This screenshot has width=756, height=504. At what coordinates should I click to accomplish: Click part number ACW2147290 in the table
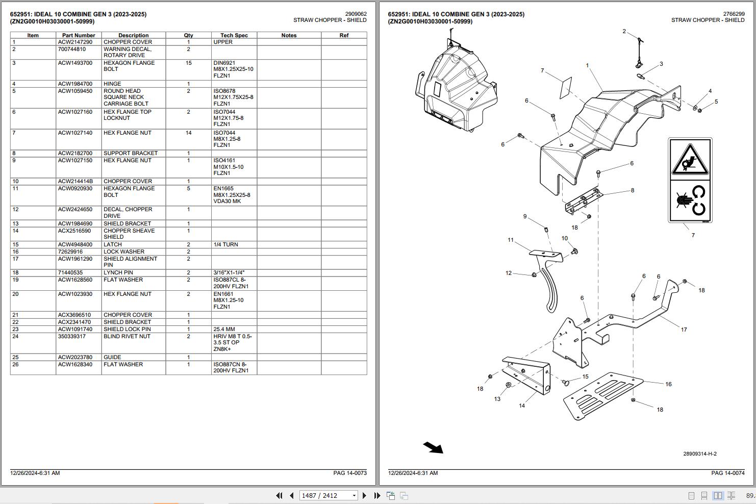75,42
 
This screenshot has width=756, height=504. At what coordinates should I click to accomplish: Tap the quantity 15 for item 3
188,63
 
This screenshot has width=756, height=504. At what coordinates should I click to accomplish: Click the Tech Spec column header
234,35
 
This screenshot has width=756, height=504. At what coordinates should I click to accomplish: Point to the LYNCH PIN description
118,272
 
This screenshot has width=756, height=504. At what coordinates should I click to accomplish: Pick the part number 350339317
71,336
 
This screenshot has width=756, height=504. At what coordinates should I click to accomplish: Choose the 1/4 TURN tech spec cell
225,244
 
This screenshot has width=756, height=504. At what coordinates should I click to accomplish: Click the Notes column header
289,35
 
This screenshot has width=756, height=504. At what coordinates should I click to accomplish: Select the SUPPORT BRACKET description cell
131,153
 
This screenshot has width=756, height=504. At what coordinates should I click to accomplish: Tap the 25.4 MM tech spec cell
224,329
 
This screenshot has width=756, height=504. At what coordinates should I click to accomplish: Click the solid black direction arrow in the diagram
433,447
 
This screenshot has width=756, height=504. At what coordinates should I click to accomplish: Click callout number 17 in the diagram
684,330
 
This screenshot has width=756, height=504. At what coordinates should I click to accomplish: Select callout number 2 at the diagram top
624,32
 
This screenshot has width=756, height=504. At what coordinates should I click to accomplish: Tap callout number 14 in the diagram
522,406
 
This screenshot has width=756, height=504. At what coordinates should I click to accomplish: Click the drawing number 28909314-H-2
700,453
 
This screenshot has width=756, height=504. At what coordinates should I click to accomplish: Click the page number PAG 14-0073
349,473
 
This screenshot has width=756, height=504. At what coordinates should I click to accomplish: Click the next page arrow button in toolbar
364,495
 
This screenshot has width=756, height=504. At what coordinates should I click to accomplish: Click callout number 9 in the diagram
525,216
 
